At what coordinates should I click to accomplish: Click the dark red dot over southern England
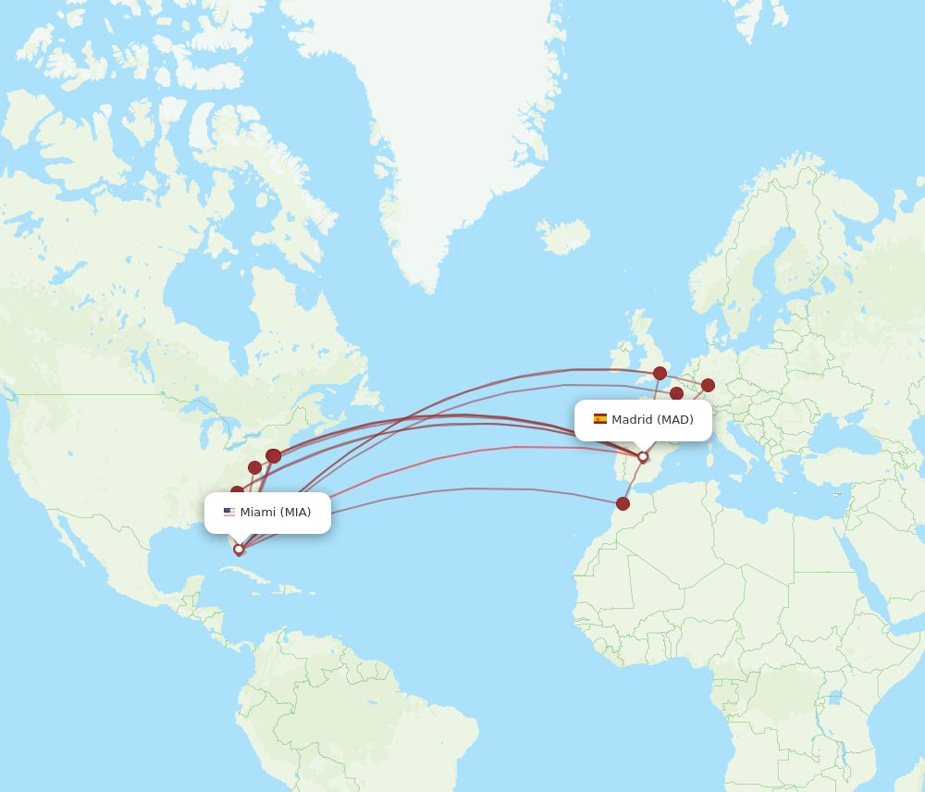pos(660,373)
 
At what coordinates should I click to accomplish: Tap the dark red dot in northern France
pos(676,393)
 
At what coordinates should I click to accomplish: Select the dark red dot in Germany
pos(708,385)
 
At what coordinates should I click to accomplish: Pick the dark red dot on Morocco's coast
pos(623,503)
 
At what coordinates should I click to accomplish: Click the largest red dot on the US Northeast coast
pos(274,455)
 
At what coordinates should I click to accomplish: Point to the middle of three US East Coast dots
pos(254,467)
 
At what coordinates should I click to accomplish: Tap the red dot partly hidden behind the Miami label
pos(237,491)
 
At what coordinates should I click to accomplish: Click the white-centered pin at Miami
pos(239,550)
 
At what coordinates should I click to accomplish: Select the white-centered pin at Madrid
pos(643,456)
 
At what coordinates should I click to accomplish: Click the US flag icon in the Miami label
pos(228,513)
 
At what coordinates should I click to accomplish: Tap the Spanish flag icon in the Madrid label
pos(600,419)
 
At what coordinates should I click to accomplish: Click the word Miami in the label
pos(257,513)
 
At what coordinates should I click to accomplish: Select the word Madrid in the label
pos(632,419)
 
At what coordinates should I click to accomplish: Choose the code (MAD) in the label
pos(675,419)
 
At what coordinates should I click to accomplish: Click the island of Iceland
pos(564,237)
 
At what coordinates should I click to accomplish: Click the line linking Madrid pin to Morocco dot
pos(633,480)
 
